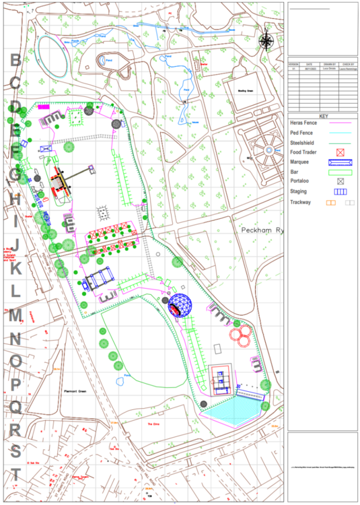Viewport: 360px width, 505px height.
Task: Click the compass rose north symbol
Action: (266, 41)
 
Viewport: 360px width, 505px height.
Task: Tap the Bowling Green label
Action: (244, 90)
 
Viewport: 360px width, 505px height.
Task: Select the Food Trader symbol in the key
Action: (340, 152)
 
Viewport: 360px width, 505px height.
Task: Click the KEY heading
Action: (323, 116)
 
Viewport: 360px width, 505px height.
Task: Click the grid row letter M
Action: (15, 314)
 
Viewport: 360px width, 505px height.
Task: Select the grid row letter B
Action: (15, 61)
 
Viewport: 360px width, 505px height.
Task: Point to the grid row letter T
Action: (15, 474)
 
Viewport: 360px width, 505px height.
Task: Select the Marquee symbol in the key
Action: (340, 162)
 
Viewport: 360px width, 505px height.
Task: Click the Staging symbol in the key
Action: (340, 191)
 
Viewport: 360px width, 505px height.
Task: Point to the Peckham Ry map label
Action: (263, 230)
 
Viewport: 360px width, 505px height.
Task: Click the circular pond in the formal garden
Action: (269, 149)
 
